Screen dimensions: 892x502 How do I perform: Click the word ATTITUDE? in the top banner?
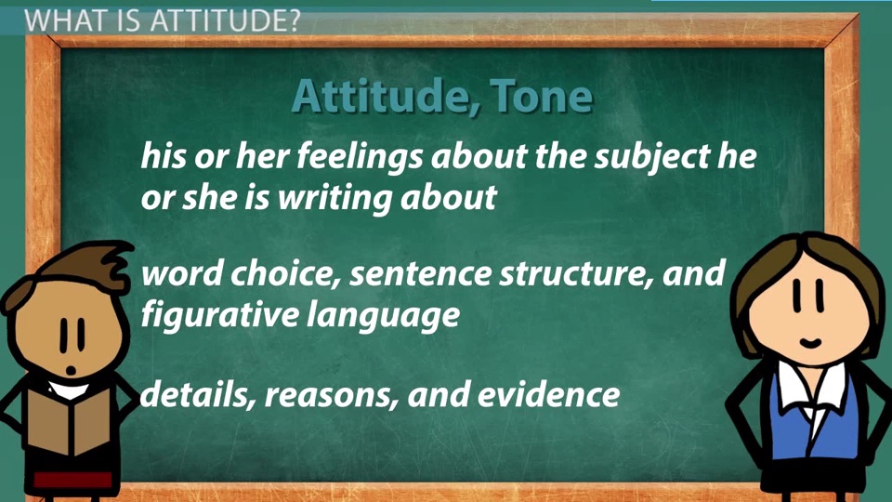(x=225, y=21)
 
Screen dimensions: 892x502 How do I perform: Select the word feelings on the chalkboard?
(x=360, y=156)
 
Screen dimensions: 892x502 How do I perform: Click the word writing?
(x=335, y=197)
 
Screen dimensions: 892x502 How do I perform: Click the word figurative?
(x=219, y=315)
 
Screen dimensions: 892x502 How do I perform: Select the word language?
(x=383, y=315)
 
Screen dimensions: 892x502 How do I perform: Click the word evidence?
(x=548, y=394)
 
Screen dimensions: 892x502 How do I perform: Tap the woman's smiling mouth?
(x=810, y=343)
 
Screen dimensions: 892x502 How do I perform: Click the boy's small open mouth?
(x=72, y=370)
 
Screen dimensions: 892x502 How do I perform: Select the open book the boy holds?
(x=68, y=422)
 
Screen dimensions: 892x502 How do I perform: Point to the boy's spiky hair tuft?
(x=113, y=260)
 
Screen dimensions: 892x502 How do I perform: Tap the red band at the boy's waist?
(x=72, y=480)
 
